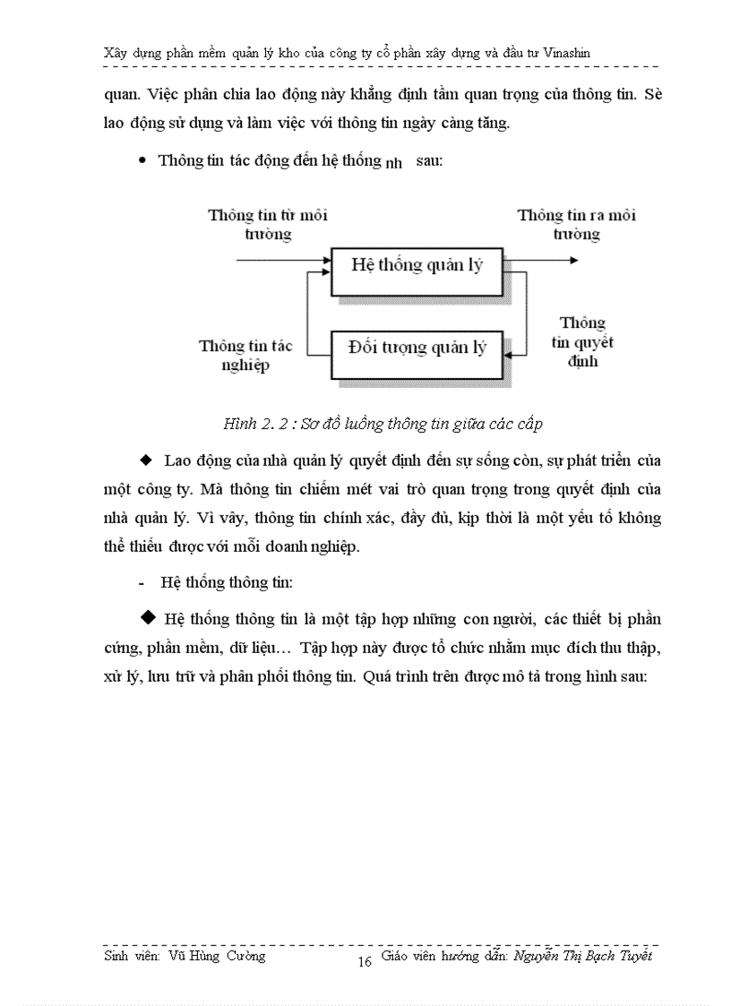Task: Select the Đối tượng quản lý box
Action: [x=417, y=348]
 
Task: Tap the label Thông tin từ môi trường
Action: [x=268, y=225]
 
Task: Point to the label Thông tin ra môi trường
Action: [x=577, y=225]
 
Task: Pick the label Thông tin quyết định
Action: [x=582, y=342]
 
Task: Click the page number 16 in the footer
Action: [x=365, y=962]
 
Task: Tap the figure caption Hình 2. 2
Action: [x=260, y=426]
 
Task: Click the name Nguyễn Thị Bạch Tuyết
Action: [x=583, y=956]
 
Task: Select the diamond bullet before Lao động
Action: [x=147, y=460]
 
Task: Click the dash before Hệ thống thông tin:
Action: [x=142, y=582]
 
